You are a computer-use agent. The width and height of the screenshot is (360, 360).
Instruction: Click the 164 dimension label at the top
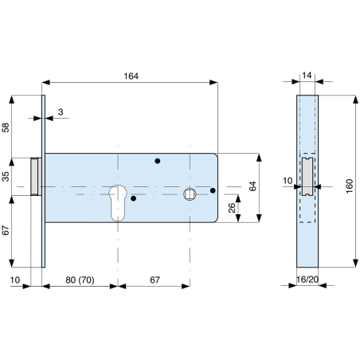click(x=131, y=76)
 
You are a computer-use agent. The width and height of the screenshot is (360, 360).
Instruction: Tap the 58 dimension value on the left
click(x=6, y=127)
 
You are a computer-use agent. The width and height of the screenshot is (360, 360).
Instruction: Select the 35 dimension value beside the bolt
click(x=6, y=177)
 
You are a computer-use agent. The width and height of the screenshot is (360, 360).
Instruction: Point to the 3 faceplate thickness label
click(x=61, y=112)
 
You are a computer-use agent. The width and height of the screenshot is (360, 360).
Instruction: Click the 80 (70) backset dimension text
click(x=80, y=280)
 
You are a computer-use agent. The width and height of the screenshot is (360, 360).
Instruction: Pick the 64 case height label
click(x=252, y=186)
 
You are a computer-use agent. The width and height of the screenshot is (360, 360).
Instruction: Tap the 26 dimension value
click(x=232, y=208)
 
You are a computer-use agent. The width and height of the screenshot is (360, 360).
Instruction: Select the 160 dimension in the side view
click(x=350, y=186)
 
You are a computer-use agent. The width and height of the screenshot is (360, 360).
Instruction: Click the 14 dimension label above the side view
click(x=307, y=76)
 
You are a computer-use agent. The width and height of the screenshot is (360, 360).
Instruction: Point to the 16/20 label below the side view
click(x=307, y=280)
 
